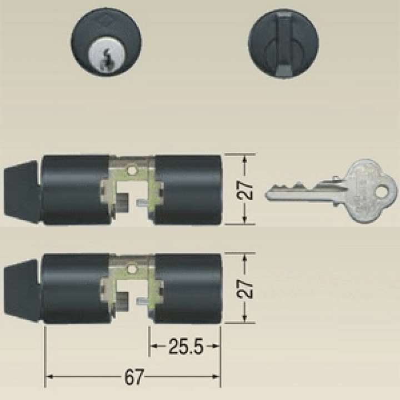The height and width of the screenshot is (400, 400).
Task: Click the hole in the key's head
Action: click(381, 192)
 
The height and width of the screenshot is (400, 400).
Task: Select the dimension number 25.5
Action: click(186, 346)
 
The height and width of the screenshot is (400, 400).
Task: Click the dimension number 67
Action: click(134, 377)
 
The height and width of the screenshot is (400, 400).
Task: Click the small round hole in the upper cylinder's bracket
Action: click(131, 170)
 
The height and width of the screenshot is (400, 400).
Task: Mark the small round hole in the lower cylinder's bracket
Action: click(131, 269)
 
